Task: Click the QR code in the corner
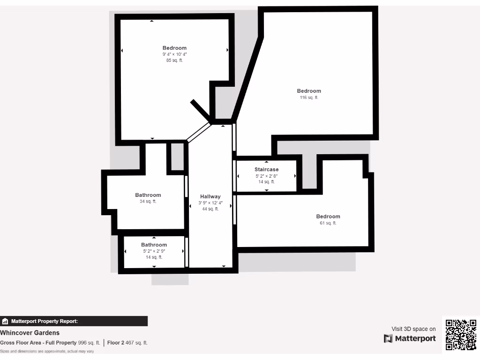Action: pyautogui.click(x=461, y=335)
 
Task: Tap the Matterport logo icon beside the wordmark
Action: pyautogui.click(x=388, y=338)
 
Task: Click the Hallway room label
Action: pyautogui.click(x=210, y=196)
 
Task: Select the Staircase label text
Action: pyautogui.click(x=267, y=169)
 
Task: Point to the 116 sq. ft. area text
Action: pyautogui.click(x=309, y=97)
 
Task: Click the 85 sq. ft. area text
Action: pyautogui.click(x=174, y=60)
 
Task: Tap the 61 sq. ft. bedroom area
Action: pyautogui.click(x=328, y=223)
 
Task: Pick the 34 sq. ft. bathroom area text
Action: pyautogui.click(x=148, y=202)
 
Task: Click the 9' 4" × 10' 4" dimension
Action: pyautogui.click(x=174, y=54)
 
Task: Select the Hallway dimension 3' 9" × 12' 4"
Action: pyautogui.click(x=210, y=203)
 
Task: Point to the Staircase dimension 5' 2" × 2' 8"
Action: pyautogui.click(x=267, y=176)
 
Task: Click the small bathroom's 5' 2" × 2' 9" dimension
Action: pyautogui.click(x=154, y=251)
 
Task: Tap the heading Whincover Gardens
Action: pyautogui.click(x=30, y=333)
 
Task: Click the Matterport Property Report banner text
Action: pyautogui.click(x=45, y=322)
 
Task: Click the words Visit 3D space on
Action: pyautogui.click(x=413, y=329)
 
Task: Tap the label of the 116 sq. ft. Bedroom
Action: pyautogui.click(x=309, y=91)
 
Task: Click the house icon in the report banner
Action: pyautogui.click(x=5, y=322)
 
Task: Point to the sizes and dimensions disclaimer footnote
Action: pyautogui.click(x=47, y=351)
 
